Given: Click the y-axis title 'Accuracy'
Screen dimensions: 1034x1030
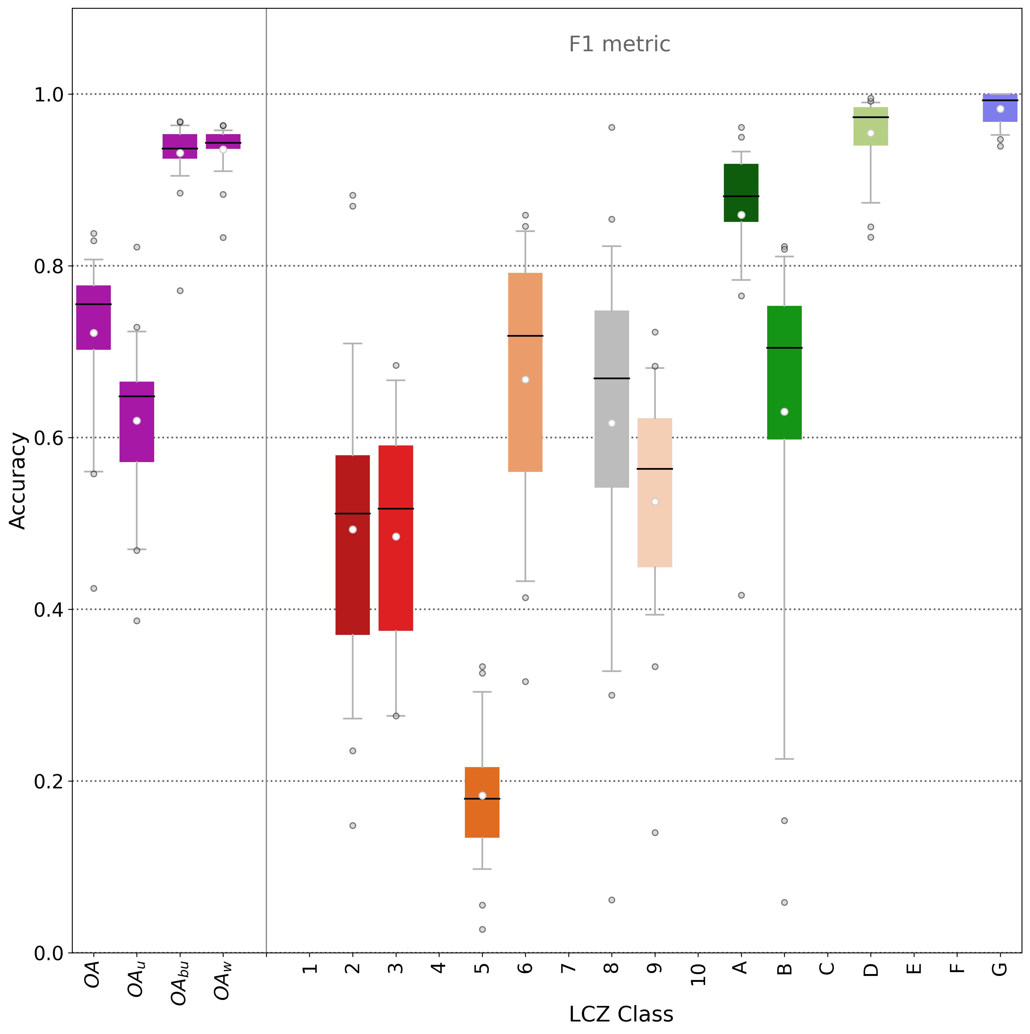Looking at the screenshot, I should point(18,481).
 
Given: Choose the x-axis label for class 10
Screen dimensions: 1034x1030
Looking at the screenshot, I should point(698,974).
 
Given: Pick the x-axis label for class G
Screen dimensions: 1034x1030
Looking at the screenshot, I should point(999,969).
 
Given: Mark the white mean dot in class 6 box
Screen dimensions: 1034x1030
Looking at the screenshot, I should point(525,379).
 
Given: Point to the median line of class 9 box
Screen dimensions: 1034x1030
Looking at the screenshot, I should point(655,469).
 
